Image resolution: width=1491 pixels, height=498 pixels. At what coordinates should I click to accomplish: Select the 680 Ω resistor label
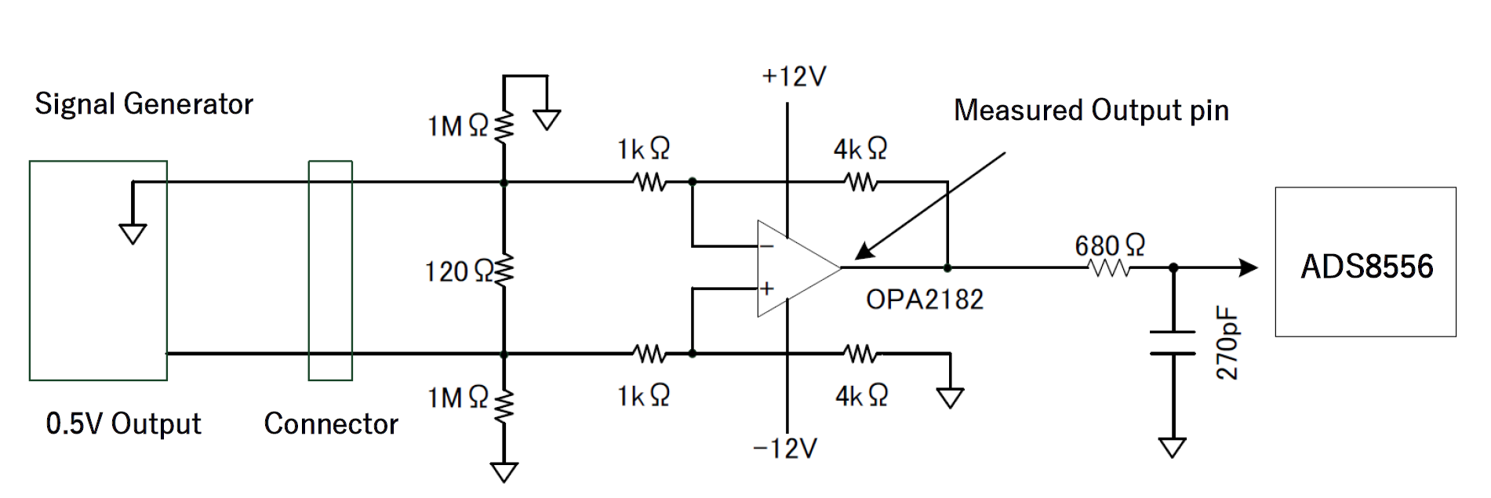point(1110,245)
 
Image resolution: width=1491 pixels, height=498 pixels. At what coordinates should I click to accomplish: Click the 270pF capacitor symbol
point(1173,343)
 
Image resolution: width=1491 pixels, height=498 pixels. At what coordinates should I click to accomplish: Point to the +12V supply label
point(794,77)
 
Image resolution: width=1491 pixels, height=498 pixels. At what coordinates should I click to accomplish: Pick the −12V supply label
point(785,448)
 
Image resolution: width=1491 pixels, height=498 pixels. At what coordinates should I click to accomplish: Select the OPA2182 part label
point(924,299)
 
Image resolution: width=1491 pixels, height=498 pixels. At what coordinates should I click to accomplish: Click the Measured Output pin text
point(1091,111)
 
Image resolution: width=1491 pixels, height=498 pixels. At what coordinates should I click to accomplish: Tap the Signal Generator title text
point(144,104)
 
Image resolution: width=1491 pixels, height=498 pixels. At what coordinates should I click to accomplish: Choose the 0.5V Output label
point(123,423)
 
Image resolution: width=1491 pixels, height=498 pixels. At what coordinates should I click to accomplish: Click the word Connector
point(331,423)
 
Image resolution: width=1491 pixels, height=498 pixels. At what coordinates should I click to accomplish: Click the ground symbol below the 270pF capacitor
point(1173,448)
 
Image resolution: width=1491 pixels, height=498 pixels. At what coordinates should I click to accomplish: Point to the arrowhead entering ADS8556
point(1248,267)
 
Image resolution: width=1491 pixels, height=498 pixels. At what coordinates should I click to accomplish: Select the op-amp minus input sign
point(767,247)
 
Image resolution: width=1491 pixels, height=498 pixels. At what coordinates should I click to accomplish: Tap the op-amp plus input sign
point(767,289)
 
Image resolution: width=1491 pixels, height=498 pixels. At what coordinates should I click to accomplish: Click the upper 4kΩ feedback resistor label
point(860,148)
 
